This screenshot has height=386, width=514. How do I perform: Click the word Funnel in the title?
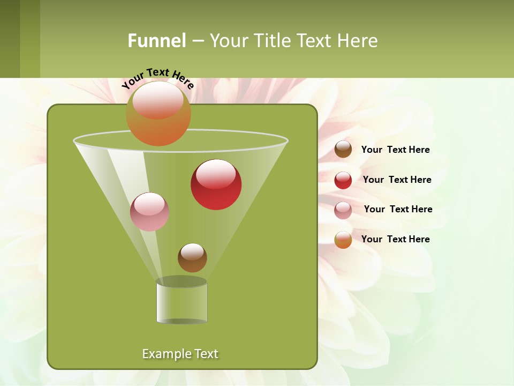pos(156,40)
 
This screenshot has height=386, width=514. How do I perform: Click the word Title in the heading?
pos(271,40)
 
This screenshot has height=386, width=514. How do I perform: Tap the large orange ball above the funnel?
pos(158,113)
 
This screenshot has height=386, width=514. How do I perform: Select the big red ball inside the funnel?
pos(216,185)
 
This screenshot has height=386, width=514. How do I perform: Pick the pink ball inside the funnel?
pos(149,212)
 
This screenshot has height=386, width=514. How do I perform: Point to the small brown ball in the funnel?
pos(192,258)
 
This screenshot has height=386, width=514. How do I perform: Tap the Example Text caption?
pos(180,354)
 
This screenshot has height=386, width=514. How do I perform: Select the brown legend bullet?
pos(343,150)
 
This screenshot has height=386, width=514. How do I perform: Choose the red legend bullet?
pos(343,180)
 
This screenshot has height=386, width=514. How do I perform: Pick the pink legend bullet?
pos(343,210)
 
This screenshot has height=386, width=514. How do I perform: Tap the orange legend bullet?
pos(343,240)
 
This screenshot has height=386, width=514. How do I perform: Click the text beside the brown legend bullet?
pos(395,150)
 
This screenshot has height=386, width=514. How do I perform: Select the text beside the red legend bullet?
pos(397,180)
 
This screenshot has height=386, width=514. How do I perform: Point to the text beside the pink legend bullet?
pos(398,209)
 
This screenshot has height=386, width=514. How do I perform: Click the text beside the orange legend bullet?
pos(395,239)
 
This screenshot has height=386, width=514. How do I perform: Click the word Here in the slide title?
pos(358,40)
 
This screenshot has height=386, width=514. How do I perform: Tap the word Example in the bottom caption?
pos(165,354)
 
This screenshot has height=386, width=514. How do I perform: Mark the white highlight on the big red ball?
pos(216,174)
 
